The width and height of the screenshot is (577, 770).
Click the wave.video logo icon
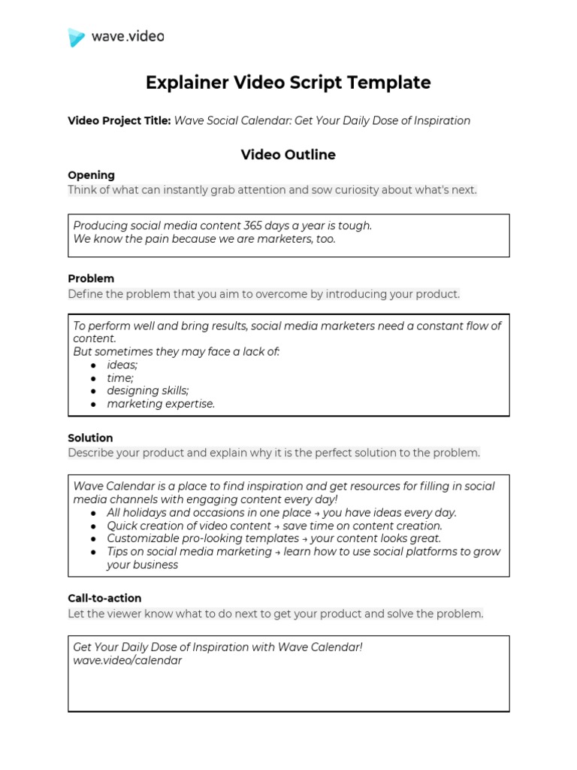click(77, 37)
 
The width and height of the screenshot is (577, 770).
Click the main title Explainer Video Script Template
click(288, 83)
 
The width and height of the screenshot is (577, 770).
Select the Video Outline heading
click(288, 155)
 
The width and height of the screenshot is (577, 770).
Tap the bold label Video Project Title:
click(119, 121)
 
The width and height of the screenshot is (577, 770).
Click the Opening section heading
click(91, 175)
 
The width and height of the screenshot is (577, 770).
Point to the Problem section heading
click(91, 278)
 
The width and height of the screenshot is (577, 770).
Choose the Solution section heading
click(90, 438)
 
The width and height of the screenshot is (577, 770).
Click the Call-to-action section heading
click(104, 599)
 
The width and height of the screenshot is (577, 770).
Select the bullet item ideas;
click(122, 365)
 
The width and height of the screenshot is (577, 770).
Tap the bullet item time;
click(120, 378)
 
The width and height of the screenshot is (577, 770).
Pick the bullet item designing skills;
click(148, 391)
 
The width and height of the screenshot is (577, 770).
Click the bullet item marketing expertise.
click(161, 404)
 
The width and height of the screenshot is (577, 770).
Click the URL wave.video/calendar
click(127, 661)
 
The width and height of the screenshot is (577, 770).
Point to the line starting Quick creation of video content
click(274, 526)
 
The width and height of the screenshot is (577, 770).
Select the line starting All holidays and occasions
click(282, 513)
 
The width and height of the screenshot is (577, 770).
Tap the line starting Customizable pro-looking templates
click(274, 538)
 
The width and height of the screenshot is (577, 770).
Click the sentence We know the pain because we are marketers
click(204, 239)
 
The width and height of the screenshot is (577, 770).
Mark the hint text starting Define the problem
click(264, 294)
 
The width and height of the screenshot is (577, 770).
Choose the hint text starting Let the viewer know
click(276, 614)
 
